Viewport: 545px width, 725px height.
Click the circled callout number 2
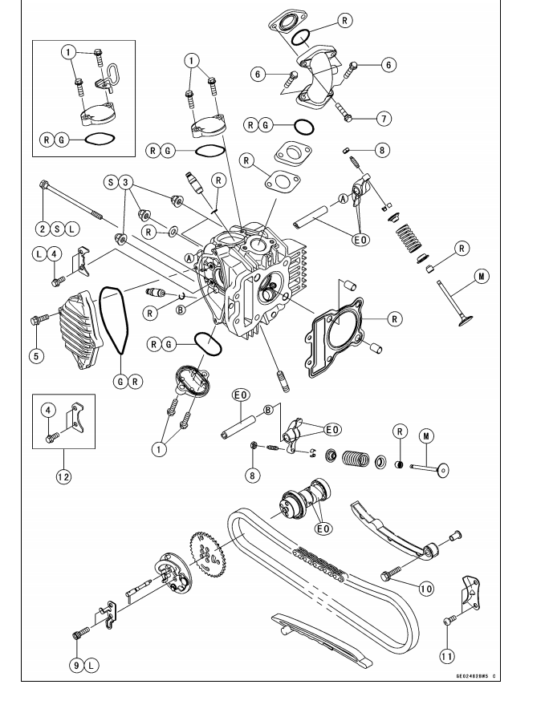pyautogui.click(x=41, y=229)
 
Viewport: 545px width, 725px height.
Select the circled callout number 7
pyautogui.click(x=384, y=118)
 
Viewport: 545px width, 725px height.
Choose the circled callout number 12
pyautogui.click(x=63, y=476)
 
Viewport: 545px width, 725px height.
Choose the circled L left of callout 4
pyautogui.click(x=38, y=253)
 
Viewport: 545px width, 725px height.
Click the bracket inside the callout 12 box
pyautogui.click(x=76, y=417)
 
